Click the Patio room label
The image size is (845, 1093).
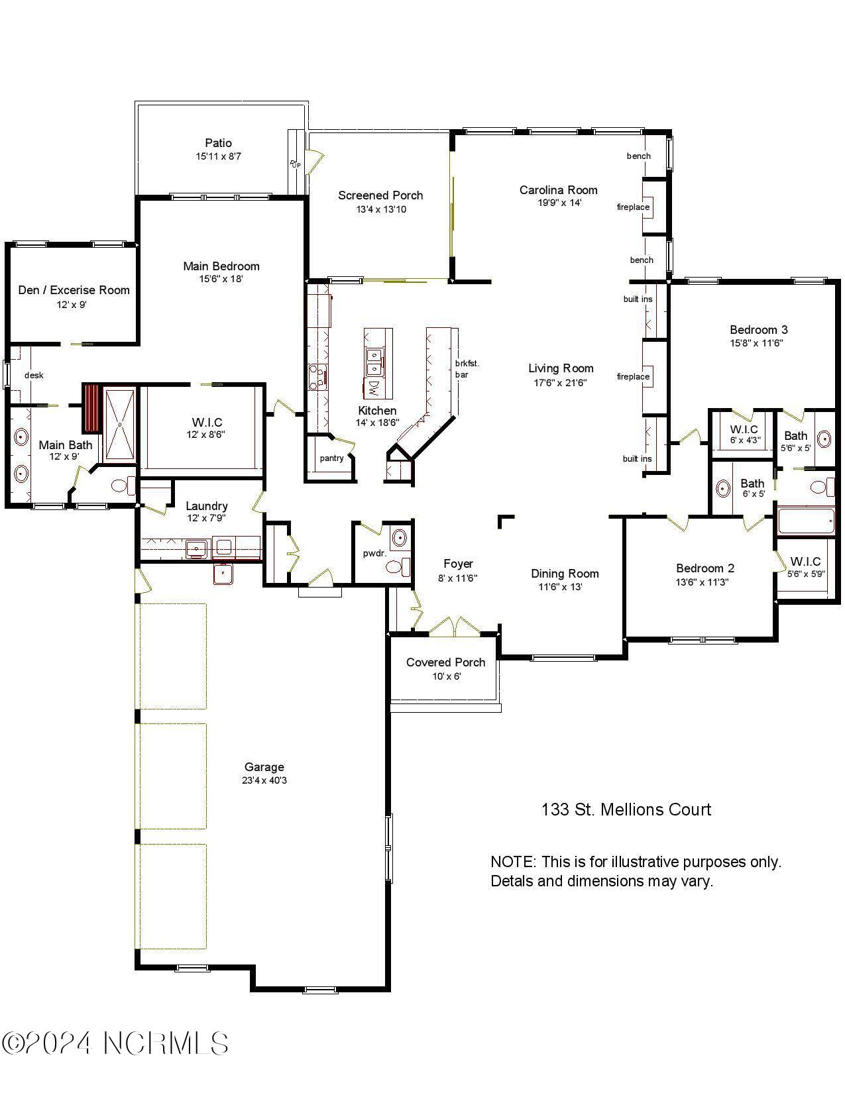218,143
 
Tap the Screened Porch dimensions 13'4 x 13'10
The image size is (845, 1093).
380,209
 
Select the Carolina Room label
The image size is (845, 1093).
558,190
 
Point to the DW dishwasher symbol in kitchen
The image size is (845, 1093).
374,386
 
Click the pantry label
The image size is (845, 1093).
331,458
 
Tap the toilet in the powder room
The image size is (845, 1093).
396,567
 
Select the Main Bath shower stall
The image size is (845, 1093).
120,424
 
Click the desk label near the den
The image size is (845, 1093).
34,375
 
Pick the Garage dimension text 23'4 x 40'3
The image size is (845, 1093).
264,780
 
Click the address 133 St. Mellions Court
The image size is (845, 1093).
626,809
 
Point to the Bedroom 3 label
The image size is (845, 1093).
758,330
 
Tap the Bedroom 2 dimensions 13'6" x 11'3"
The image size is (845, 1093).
704,582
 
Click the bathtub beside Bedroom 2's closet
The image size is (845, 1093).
806,521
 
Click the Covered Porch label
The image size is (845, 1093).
445,662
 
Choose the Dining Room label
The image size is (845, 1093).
565,574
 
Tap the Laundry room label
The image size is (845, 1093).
206,506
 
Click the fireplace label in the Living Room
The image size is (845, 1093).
633,376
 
